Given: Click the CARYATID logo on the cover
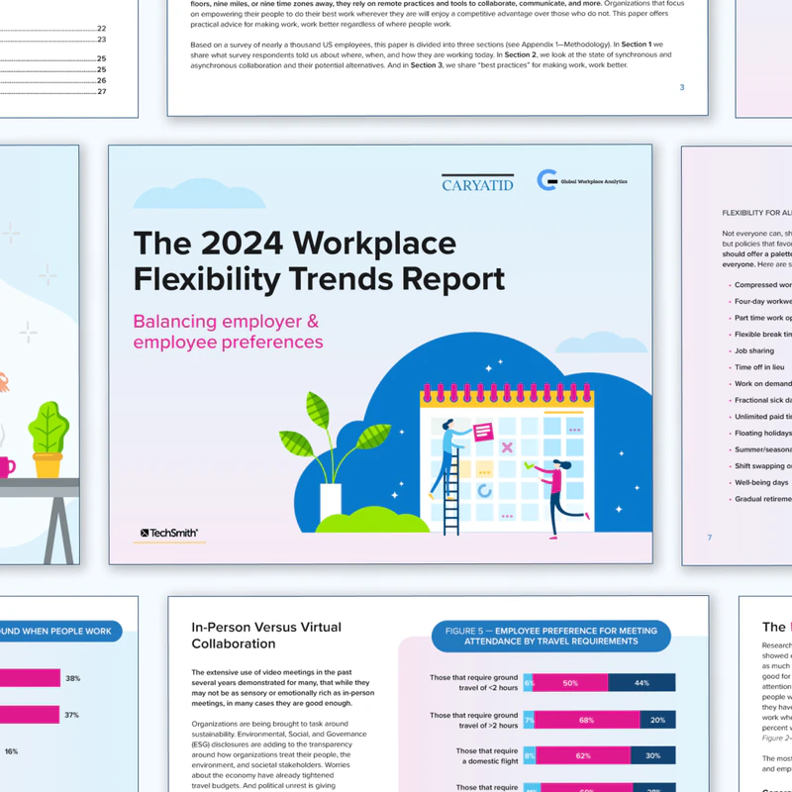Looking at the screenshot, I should click(x=478, y=183).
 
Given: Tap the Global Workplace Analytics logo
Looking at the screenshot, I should click(x=582, y=180).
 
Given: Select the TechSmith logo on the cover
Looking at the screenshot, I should click(x=169, y=533).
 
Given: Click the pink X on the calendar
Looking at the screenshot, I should click(x=508, y=447).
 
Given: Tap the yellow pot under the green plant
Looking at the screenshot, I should click(x=48, y=463).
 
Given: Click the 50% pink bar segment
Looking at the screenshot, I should click(x=571, y=682).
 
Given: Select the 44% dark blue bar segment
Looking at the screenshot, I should click(x=642, y=682).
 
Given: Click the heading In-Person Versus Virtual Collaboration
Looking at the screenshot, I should click(x=266, y=635).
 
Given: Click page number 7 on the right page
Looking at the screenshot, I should click(x=710, y=538).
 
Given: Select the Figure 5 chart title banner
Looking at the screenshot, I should click(x=550, y=636).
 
